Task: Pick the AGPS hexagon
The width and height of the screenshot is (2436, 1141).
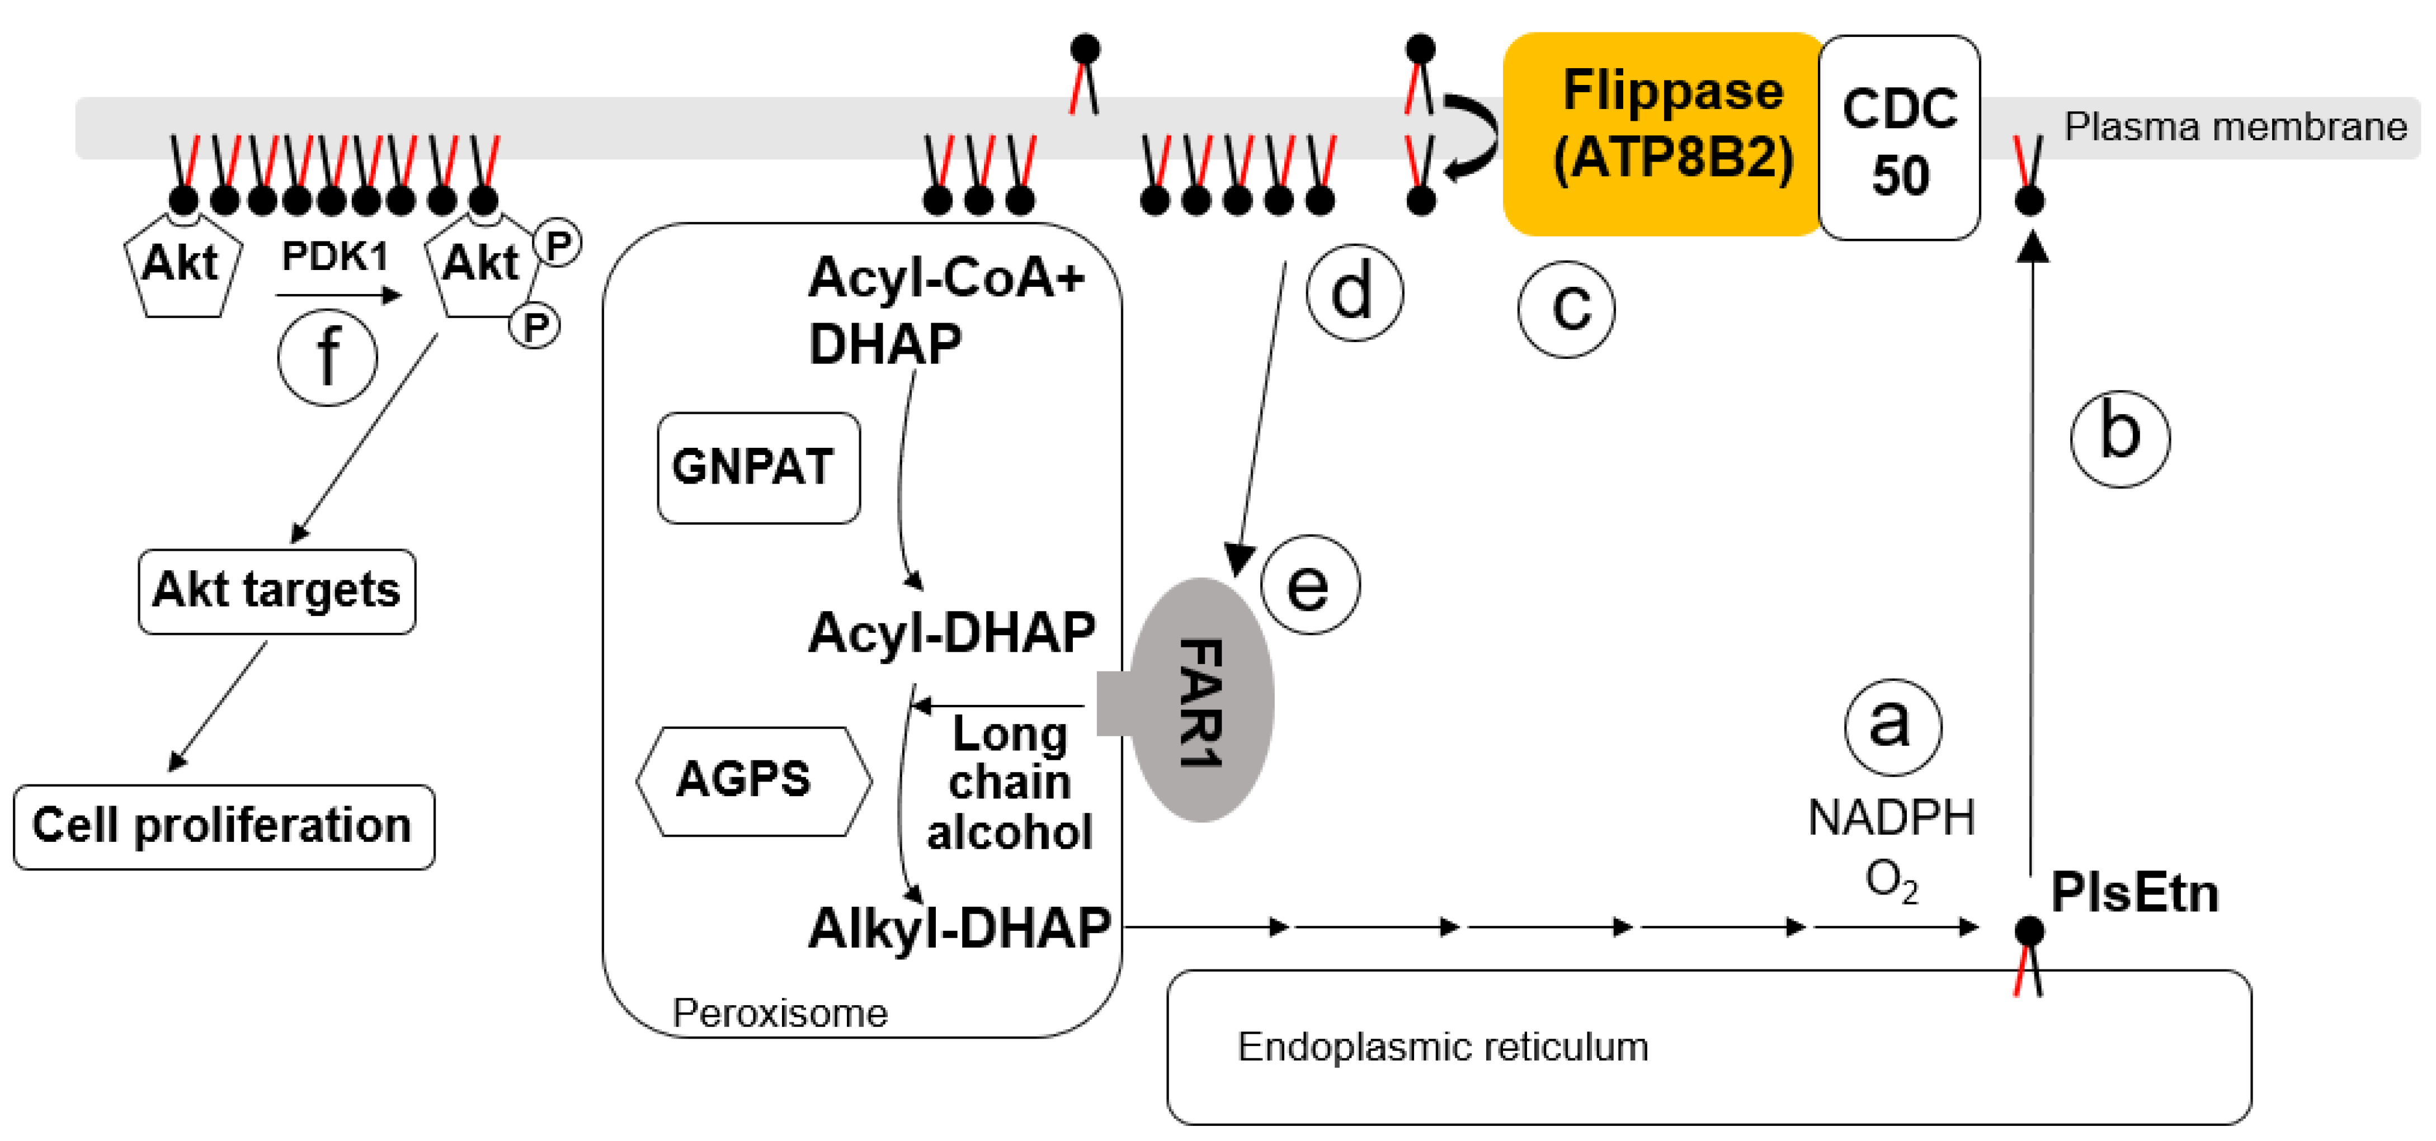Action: point(753,781)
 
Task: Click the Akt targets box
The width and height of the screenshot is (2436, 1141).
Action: point(276,591)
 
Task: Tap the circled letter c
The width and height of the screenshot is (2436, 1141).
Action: point(1566,308)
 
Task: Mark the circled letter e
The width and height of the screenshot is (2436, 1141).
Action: point(1309,584)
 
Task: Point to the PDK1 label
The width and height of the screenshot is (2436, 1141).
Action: point(334,256)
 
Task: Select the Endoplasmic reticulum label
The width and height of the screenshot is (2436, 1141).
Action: point(1442,1047)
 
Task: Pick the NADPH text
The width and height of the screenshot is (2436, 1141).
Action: point(1891,818)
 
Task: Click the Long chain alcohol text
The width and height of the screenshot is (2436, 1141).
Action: point(1009,783)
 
